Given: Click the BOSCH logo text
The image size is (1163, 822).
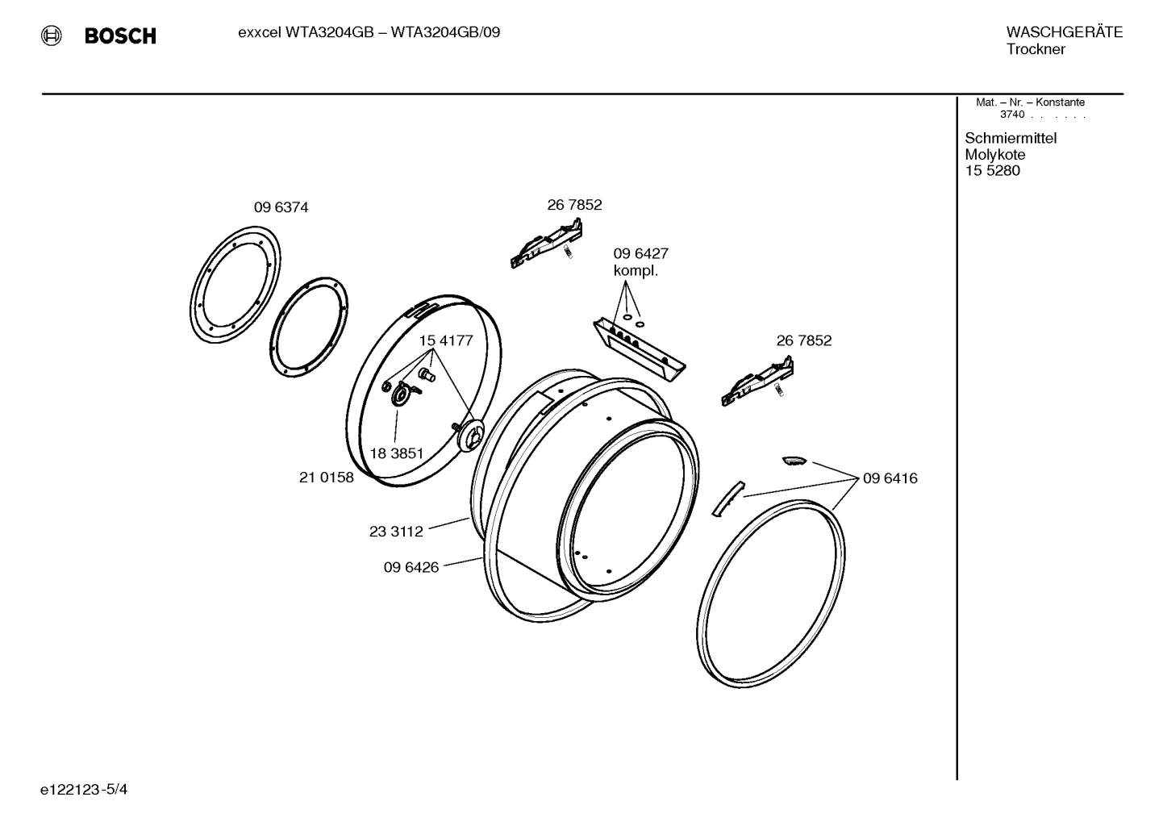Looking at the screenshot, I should [x=120, y=36].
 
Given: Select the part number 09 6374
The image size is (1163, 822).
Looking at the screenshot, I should [x=281, y=207].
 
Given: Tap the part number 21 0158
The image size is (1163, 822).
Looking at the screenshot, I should [x=326, y=478].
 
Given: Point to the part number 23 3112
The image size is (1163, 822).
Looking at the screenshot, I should [x=396, y=532].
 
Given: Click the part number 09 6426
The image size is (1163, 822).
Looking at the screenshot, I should [x=411, y=567].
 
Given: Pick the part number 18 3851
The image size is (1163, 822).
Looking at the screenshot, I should [x=396, y=453].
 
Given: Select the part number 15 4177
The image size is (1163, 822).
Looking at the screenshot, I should [x=445, y=340].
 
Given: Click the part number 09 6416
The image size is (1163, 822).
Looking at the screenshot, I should [x=890, y=478].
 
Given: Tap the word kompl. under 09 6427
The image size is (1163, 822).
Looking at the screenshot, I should [x=636, y=271].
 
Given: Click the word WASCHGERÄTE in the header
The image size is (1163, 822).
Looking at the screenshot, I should [x=1064, y=32].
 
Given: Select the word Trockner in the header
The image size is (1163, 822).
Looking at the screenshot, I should [x=1036, y=50].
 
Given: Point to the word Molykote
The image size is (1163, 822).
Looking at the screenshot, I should [x=994, y=155].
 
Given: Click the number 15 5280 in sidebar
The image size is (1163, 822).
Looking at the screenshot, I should [x=992, y=171].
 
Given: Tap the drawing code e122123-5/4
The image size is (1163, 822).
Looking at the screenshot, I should [x=84, y=789].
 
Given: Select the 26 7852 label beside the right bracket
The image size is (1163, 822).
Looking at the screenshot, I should [x=803, y=340].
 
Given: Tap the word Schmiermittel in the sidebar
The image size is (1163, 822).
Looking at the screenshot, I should [x=1011, y=138].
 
